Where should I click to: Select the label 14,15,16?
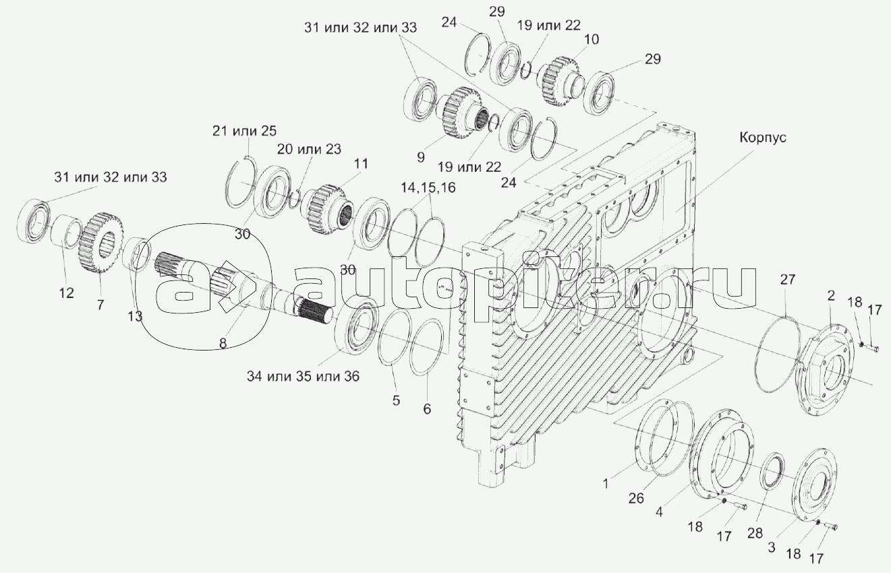pos(428,188)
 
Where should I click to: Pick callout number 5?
pos(396,400)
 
